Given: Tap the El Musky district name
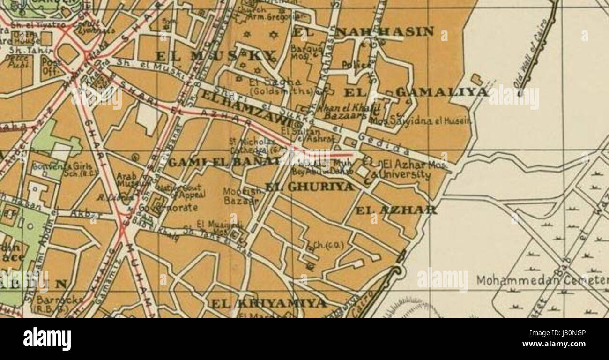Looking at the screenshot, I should pyautogui.click(x=215, y=57).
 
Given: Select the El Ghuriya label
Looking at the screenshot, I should pyautogui.click(x=309, y=187).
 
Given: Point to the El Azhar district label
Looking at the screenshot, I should pyautogui.click(x=396, y=210).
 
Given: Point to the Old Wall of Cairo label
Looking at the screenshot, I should pyautogui.click(x=532, y=54).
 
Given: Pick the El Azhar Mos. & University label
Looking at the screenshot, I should pyautogui.click(x=404, y=170).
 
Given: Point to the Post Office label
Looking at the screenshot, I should pyautogui.click(x=50, y=67).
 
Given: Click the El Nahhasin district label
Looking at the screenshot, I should pyautogui.click(x=364, y=32).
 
